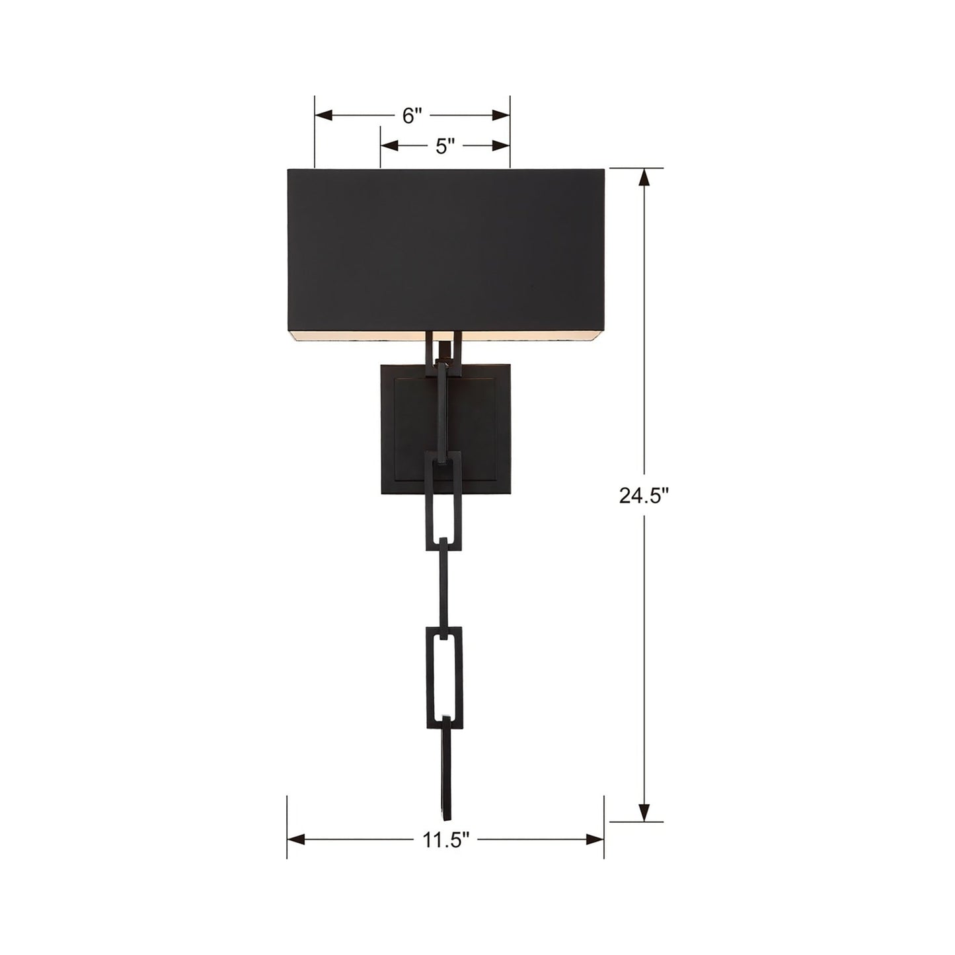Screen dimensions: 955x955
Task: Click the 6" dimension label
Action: (412, 116)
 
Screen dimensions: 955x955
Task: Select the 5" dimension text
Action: (445, 145)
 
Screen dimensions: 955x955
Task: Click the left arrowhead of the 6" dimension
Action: (324, 116)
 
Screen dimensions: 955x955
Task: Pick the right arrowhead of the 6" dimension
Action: (501, 116)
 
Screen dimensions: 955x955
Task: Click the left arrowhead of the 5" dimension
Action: (389, 145)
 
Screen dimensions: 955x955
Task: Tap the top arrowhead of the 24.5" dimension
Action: (644, 177)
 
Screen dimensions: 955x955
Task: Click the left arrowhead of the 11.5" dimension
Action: (296, 839)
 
